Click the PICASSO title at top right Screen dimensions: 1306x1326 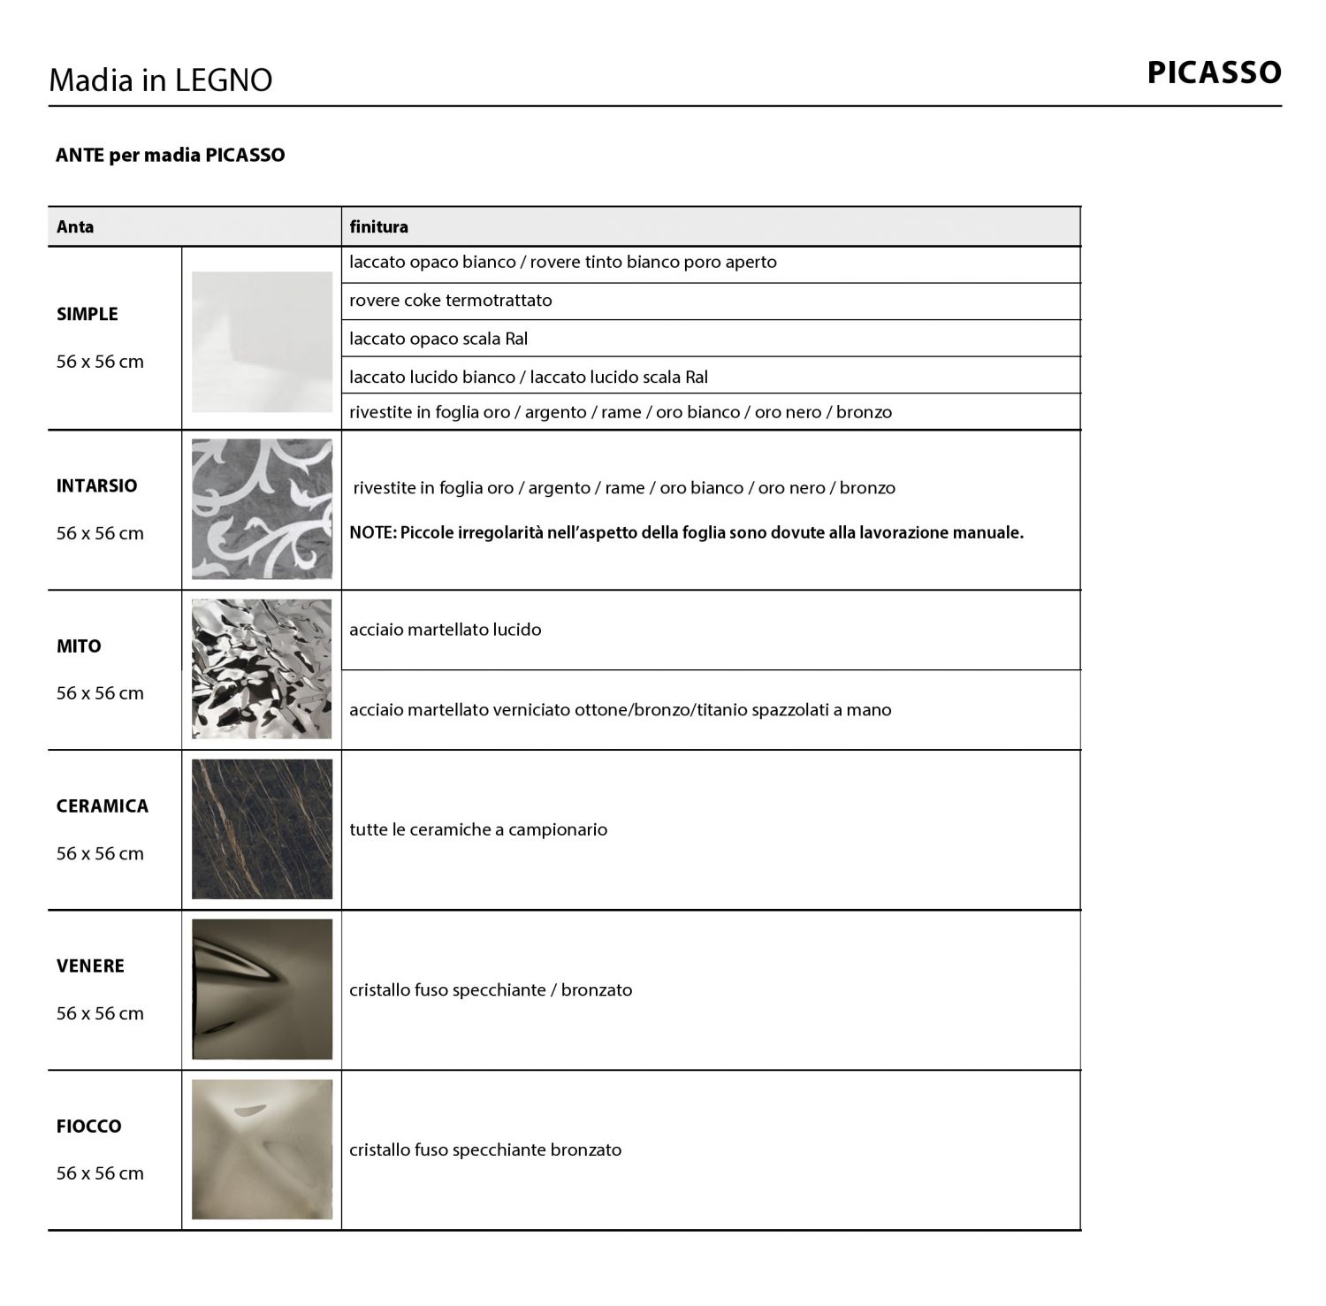pos(1214,73)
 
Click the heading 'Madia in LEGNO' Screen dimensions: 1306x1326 pos(160,80)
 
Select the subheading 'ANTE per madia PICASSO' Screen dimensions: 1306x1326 pos(170,155)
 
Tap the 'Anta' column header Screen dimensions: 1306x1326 pos(75,226)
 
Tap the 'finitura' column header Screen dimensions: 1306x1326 pos(378,226)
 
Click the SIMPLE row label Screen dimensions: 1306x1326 pos(87,314)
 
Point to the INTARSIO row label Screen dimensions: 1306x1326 pos(96,485)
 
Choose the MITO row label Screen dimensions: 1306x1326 pos(79,646)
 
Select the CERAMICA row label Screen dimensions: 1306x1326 pos(102,806)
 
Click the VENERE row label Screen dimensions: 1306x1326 pos(90,966)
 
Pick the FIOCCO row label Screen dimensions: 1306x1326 pos(88,1127)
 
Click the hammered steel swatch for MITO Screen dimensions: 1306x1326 pos(262,668)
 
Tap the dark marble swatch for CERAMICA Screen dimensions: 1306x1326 pos(262,829)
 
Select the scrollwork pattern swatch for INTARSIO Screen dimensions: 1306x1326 pos(262,508)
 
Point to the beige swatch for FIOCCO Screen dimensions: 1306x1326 pos(262,1149)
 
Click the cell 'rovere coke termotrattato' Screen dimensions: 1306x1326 pos(450,301)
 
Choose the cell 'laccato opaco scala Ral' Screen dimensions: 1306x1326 pos(438,339)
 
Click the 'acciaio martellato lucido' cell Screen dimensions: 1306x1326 pos(445,630)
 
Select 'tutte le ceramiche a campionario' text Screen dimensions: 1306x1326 pos(478,829)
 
